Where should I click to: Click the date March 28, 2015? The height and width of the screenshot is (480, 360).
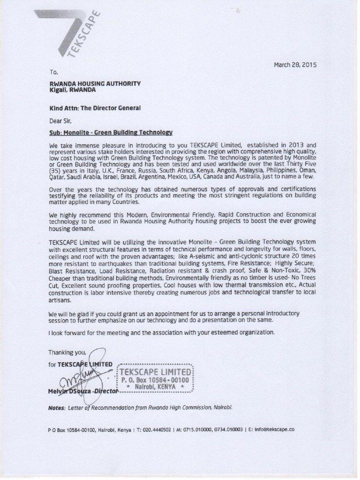point(295,65)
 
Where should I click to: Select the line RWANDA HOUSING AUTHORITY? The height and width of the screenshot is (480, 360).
point(95,83)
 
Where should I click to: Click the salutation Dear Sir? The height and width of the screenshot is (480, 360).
point(60,120)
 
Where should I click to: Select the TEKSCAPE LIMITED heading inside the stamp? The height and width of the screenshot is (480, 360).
point(154,372)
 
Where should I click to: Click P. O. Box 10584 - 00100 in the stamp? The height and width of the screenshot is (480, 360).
point(155,380)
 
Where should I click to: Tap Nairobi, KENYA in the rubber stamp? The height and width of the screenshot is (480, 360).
point(155,387)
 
